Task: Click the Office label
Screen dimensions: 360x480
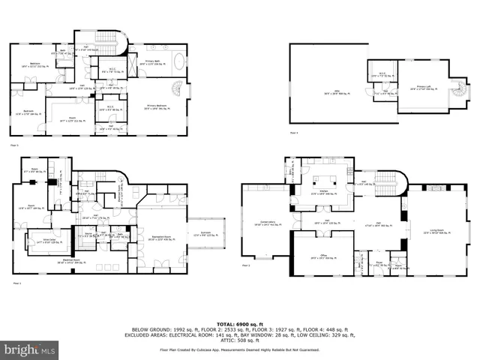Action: coord(324,256)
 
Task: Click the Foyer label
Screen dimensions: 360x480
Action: coord(379,263)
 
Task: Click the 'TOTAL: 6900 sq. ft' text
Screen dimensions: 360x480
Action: coord(240,320)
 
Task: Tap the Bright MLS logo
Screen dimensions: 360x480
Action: coord(30,349)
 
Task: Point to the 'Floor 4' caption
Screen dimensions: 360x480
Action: coord(294,133)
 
